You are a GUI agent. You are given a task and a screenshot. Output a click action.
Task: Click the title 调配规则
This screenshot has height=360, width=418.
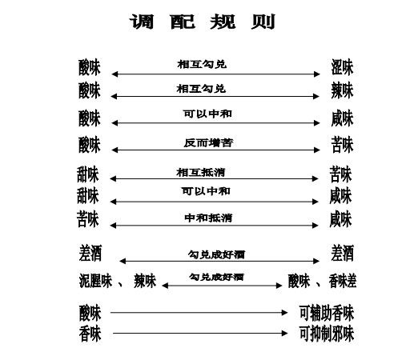pos(203,22)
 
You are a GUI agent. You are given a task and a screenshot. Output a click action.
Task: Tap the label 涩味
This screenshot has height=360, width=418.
pos(342,67)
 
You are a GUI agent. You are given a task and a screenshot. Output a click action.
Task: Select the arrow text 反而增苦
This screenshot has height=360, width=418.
pos(208,143)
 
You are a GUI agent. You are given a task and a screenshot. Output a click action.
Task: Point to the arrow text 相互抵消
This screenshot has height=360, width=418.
pos(201,173)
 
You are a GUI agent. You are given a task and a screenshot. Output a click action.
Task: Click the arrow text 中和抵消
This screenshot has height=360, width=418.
pos(208,218)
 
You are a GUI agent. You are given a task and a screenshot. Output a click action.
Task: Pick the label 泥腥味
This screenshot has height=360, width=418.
pos(95,281)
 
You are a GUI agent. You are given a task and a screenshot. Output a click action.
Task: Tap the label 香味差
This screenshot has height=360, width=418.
pos(343,281)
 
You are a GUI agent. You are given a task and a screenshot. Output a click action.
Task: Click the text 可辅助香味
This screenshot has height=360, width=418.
pos(327,313)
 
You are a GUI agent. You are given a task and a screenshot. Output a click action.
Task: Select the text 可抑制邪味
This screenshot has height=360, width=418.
pos(327,334)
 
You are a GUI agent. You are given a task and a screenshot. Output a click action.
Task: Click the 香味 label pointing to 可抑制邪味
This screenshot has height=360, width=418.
pos(90,334)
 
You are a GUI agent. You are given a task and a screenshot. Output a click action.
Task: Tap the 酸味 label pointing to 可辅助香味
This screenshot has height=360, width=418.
pos(90,313)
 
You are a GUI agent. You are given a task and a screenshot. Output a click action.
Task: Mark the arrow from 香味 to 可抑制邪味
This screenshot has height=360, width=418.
pos(200,333)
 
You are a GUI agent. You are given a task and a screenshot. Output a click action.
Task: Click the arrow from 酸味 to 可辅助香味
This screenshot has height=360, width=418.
pos(199,313)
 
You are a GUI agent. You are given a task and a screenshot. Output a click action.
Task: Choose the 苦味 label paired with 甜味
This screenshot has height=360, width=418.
pos(340,174)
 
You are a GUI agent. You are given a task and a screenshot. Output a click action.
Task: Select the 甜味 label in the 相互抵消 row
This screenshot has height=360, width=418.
pos(88,174)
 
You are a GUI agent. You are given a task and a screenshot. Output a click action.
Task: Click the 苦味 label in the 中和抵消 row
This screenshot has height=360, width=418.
pos(88,219)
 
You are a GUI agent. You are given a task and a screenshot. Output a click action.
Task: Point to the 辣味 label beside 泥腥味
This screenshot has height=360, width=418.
pos(145,281)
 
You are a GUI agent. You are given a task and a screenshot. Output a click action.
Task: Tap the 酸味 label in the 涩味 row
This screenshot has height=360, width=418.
pos(90,67)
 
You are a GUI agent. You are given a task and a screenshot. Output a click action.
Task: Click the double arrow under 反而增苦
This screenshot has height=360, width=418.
pos(215,150)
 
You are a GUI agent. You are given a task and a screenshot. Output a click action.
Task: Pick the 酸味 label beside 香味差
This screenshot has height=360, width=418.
pos(299,281)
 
